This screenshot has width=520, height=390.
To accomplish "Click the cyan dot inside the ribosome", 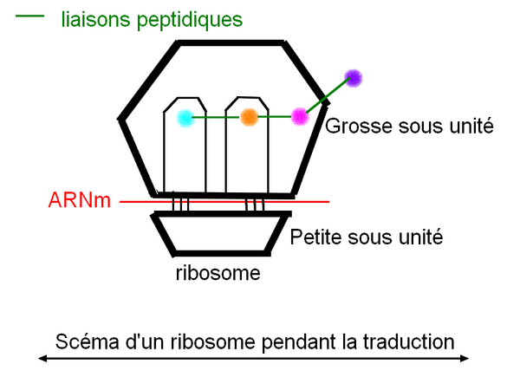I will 184,117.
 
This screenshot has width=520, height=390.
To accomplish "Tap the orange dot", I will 248,115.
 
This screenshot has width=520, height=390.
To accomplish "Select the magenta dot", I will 300,114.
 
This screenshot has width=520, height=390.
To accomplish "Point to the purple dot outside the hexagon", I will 353,78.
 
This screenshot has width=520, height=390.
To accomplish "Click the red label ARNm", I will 79,202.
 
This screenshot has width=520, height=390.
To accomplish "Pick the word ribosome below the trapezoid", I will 218,274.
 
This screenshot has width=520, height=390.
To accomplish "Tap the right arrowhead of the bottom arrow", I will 465,358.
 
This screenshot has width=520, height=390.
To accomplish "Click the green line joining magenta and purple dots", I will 327,96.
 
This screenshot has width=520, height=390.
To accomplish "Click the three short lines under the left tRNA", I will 179,205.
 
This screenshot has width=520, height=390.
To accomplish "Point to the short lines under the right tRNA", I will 254,205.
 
